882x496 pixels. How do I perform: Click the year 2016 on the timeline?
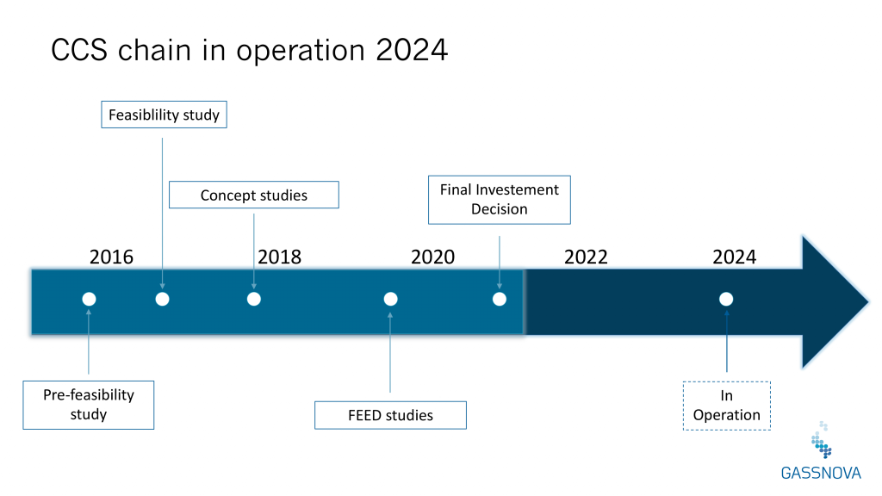pyautogui.click(x=111, y=257)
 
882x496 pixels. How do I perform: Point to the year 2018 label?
pyautogui.click(x=280, y=257)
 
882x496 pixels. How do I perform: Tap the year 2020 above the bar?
pyautogui.click(x=432, y=257)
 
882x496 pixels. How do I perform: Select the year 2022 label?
pyautogui.click(x=586, y=257)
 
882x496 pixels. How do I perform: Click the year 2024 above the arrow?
pyautogui.click(x=735, y=257)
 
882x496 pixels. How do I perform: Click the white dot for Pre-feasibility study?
pyautogui.click(x=89, y=299)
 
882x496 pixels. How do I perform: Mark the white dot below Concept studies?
pyautogui.click(x=254, y=299)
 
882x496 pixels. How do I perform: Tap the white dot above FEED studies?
pyautogui.click(x=390, y=299)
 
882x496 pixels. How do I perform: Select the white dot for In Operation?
pyautogui.click(x=726, y=299)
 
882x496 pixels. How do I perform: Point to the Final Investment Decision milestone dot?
pyautogui.click(x=500, y=299)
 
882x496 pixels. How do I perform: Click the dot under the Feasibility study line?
pyautogui.click(x=162, y=299)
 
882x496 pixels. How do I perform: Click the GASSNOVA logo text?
pyautogui.click(x=821, y=473)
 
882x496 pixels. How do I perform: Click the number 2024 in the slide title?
pyautogui.click(x=412, y=50)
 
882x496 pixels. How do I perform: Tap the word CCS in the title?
pyautogui.click(x=79, y=50)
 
